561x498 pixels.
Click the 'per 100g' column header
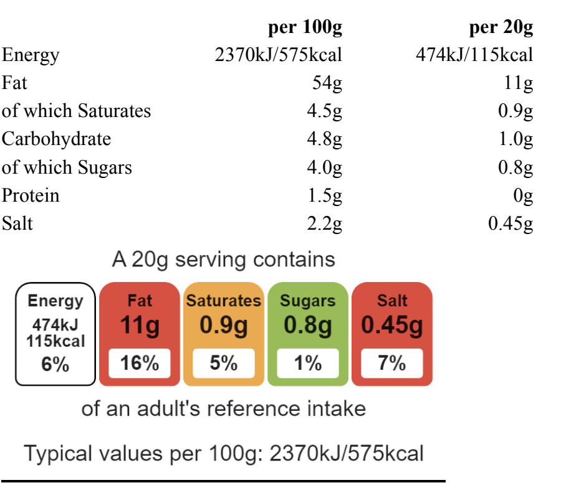(305, 28)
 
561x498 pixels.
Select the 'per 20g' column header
(501, 28)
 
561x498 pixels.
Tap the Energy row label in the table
(31, 55)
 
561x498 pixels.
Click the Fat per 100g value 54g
(327, 83)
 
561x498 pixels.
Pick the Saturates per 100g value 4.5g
(324, 111)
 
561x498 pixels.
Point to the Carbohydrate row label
(56, 139)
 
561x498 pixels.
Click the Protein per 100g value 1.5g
(324, 195)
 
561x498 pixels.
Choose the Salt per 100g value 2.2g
(324, 223)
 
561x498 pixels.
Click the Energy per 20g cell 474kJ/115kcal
(474, 55)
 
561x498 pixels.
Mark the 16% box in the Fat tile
(140, 364)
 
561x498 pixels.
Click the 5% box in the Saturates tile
(224, 364)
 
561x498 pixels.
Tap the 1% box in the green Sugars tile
(308, 364)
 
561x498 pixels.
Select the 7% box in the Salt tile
(392, 364)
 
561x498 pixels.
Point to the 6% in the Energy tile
(55, 365)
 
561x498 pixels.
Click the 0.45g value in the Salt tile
(392, 326)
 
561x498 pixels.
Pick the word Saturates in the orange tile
(224, 301)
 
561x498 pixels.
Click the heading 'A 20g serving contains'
(224, 259)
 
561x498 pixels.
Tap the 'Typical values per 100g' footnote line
(224, 453)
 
